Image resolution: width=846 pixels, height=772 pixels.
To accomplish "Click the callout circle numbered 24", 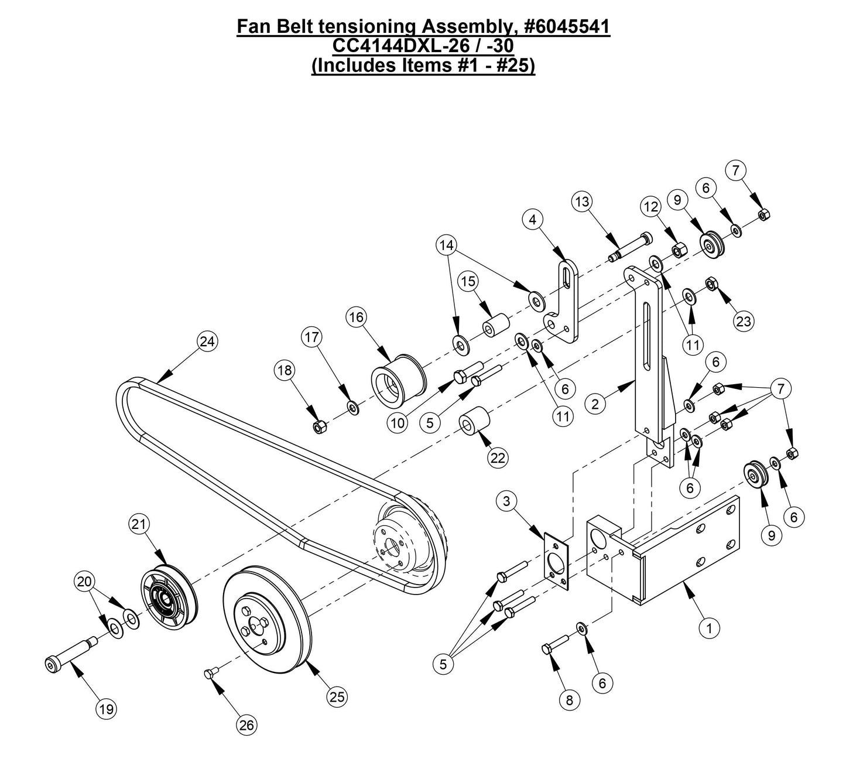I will point(207,341).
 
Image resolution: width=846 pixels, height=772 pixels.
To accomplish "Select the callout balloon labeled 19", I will point(106,709).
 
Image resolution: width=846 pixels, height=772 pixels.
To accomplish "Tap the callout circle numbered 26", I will point(246,725).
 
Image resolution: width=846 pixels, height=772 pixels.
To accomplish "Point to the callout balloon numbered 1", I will point(710,628).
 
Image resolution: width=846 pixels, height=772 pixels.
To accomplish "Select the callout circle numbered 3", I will point(507,501).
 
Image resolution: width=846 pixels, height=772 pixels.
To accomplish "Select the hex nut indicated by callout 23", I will point(710,285).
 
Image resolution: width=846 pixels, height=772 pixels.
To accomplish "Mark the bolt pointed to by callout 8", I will point(556,644).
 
